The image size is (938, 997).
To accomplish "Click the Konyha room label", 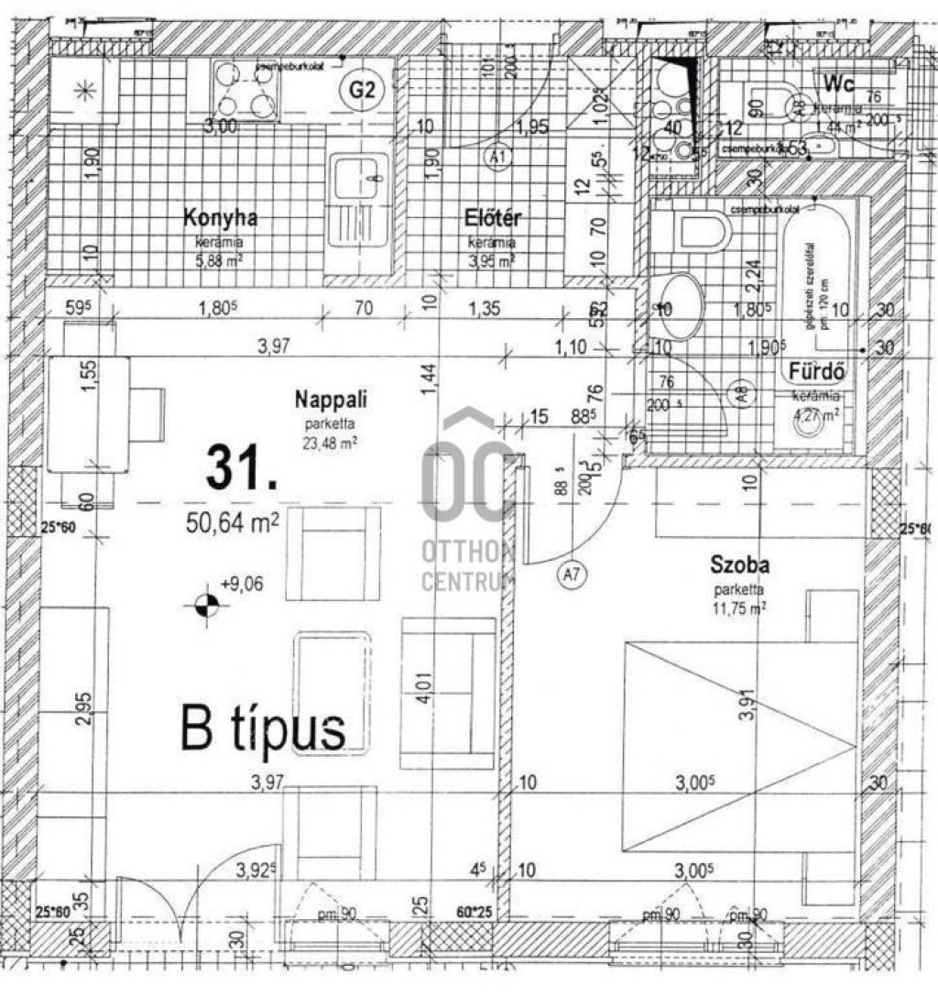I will (x=220, y=218).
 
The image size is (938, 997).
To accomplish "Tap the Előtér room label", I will (x=493, y=218).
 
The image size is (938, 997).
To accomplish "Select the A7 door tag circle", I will (x=572, y=575).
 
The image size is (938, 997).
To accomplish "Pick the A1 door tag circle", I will (x=498, y=158).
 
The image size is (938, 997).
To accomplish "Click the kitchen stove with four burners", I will (x=243, y=89).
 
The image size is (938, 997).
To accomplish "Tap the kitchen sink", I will (x=357, y=188).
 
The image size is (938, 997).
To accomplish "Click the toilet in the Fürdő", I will (x=701, y=231).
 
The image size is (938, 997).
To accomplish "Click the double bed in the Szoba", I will (x=737, y=747).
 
